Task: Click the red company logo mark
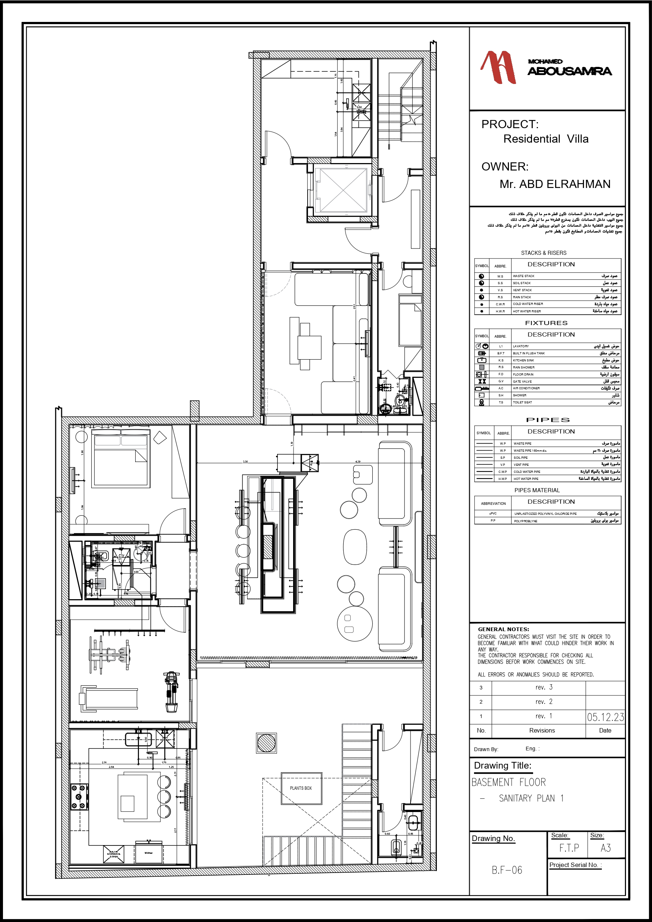tap(498, 67)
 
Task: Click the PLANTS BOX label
tap(301, 788)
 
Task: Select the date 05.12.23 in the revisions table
tap(605, 717)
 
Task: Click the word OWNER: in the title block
tap(505, 167)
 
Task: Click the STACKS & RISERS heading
tap(543, 253)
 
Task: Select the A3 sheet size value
tap(606, 848)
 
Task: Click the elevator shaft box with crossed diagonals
tap(343, 190)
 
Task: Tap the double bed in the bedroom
tap(120, 459)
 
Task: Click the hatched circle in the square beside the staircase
tap(266, 743)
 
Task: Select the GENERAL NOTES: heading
tap(503, 629)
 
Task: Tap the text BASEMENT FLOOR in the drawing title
tap(508, 782)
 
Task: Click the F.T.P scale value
tap(569, 848)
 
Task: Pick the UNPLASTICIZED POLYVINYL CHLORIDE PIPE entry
tap(545, 514)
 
